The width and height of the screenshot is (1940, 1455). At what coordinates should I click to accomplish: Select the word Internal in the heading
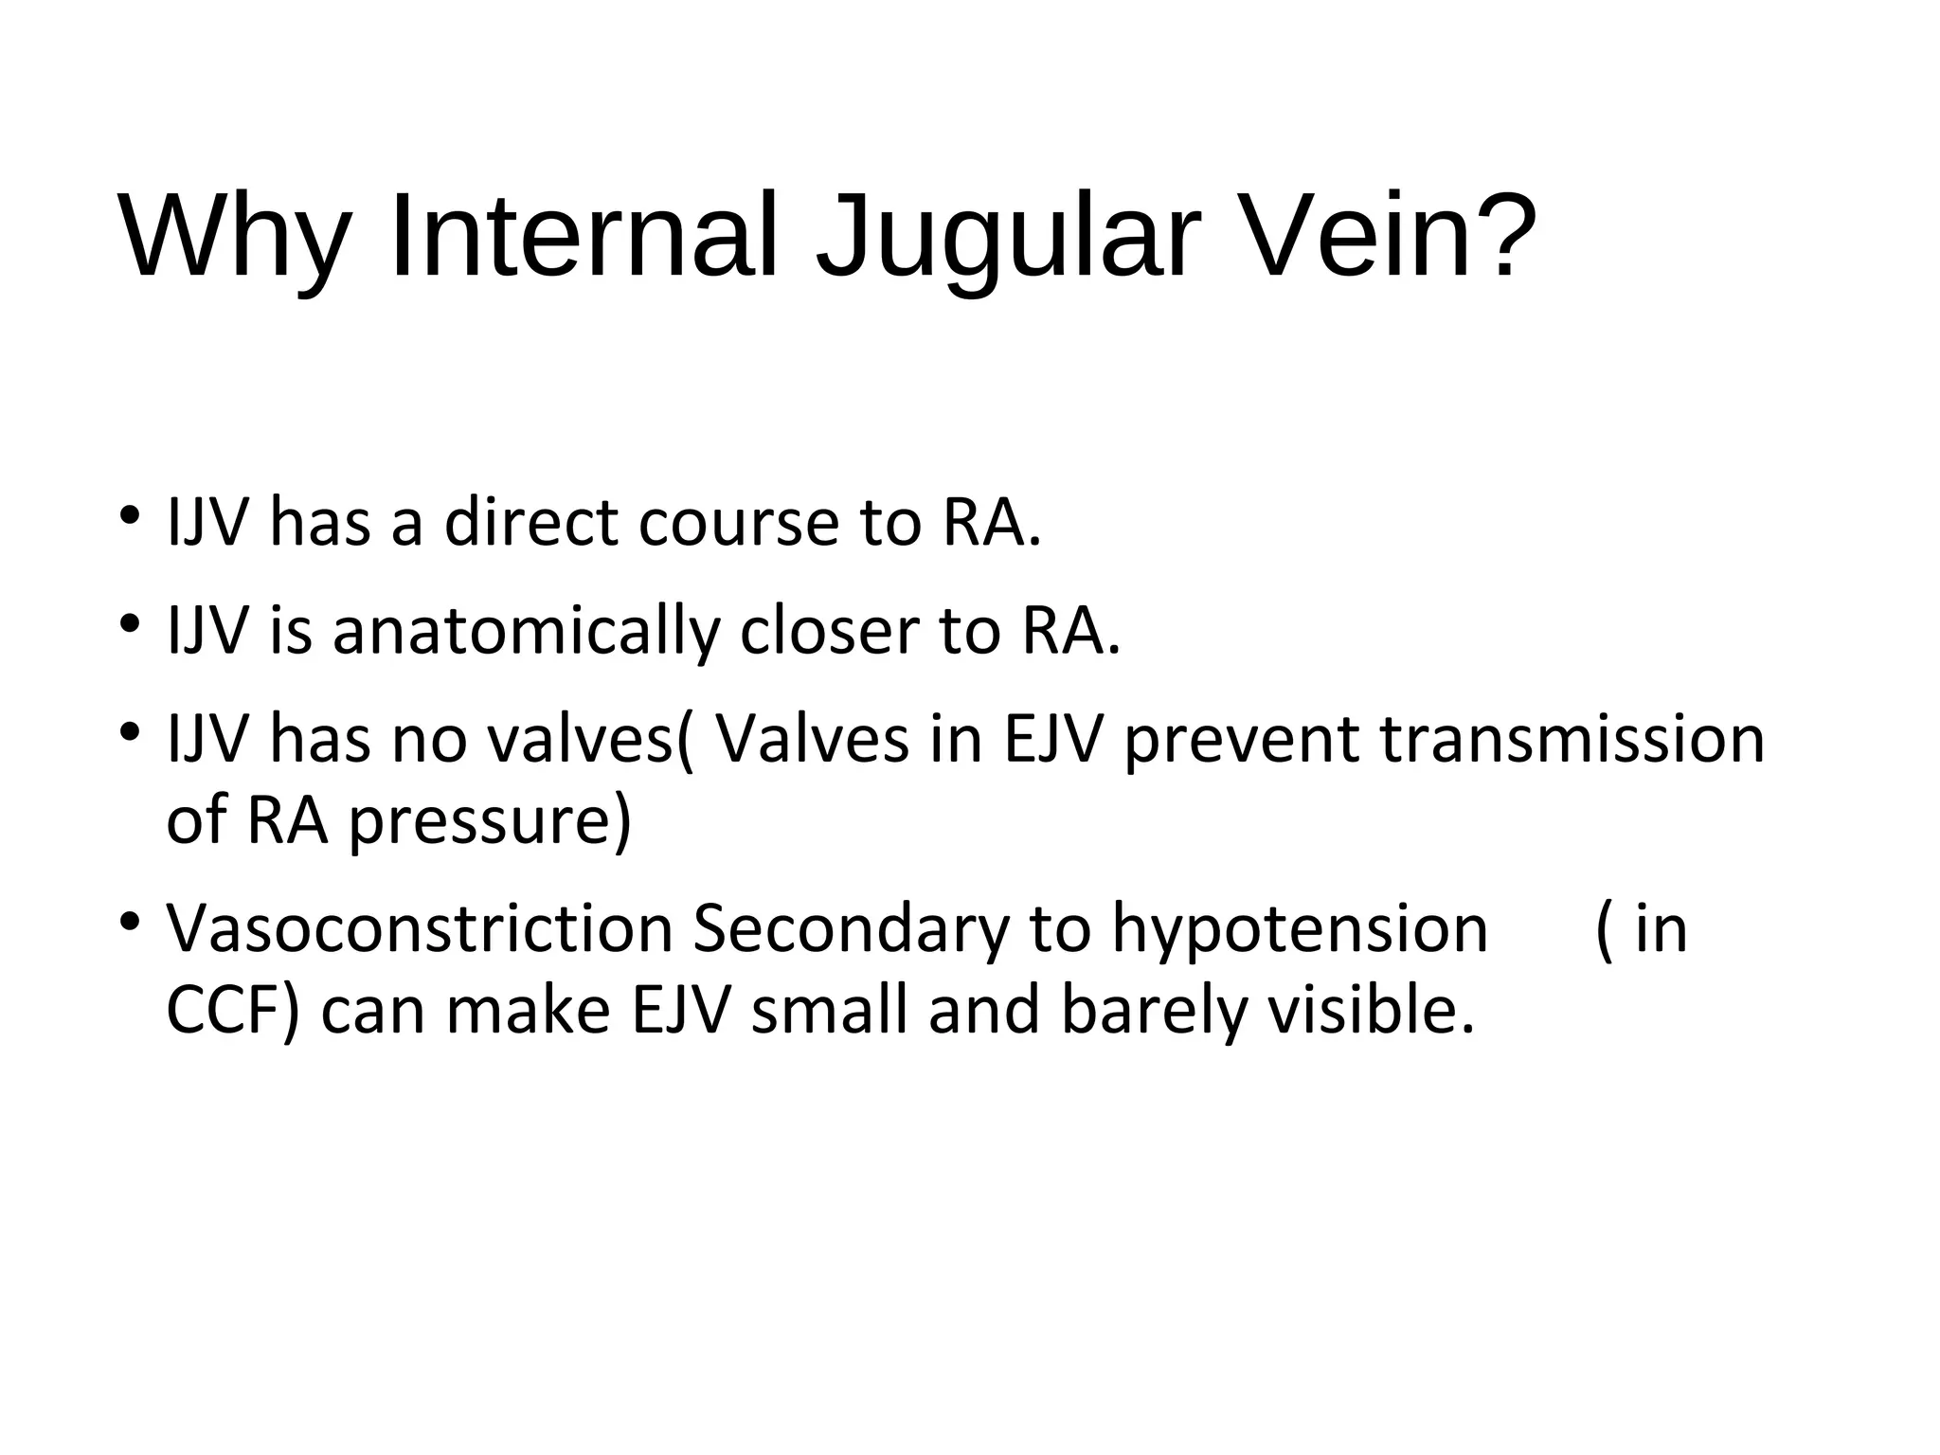[584, 237]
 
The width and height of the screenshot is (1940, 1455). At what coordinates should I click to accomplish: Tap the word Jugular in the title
[1008, 237]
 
